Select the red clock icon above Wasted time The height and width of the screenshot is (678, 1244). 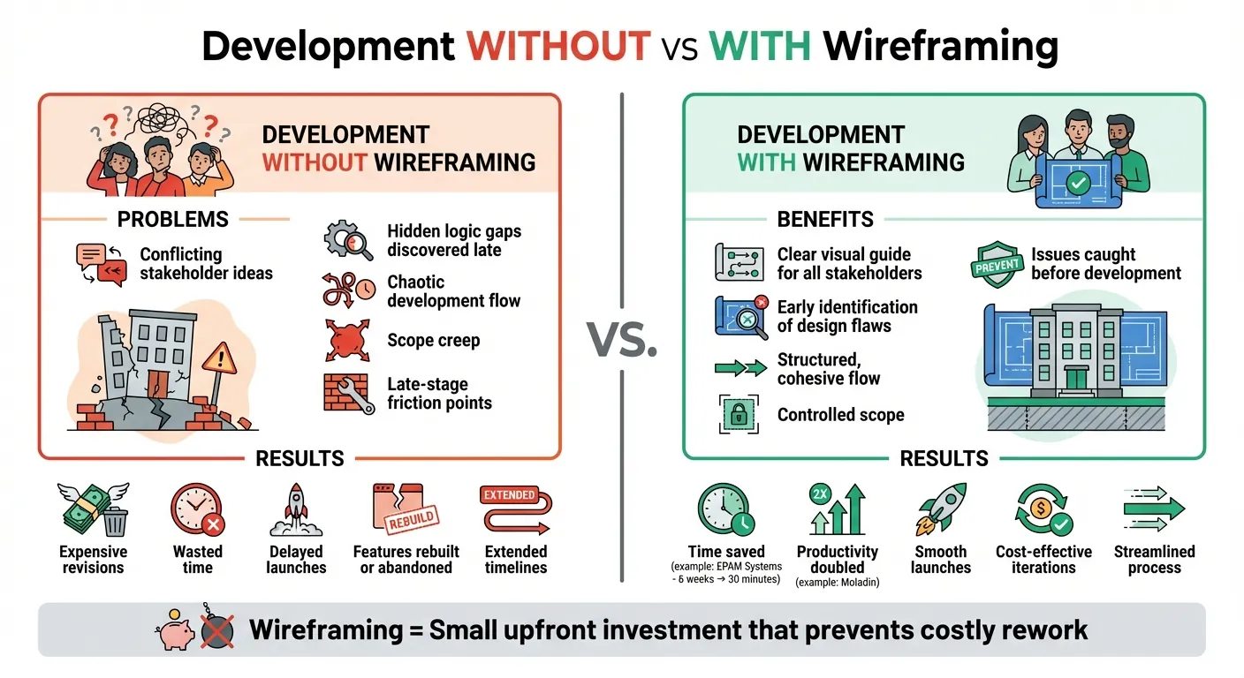pyautogui.click(x=196, y=511)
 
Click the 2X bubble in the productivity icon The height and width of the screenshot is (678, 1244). pyautogui.click(x=820, y=494)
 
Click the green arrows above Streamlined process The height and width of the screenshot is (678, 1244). pyautogui.click(x=1154, y=510)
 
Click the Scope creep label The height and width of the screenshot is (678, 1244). pyautogui.click(x=433, y=340)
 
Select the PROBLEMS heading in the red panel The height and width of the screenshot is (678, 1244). pyautogui.click(x=173, y=219)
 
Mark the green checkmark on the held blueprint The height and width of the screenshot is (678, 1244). pyautogui.click(x=1078, y=184)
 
